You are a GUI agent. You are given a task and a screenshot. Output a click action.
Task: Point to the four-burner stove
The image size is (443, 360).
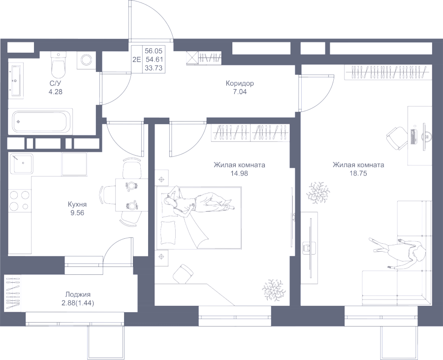19,200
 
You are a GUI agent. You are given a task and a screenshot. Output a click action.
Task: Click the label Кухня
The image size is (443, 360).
77,204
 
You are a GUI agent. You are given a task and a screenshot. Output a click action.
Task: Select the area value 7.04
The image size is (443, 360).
240,92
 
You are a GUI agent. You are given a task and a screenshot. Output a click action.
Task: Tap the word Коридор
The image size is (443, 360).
240,84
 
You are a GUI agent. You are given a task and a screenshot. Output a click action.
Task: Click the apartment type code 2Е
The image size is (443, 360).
137,59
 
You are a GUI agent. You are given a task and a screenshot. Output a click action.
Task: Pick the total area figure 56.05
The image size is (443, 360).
154,51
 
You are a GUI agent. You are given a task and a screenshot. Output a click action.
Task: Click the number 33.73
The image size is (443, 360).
154,68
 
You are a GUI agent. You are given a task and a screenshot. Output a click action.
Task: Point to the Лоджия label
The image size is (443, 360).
78,295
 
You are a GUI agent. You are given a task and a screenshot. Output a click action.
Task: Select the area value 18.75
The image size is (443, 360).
358,173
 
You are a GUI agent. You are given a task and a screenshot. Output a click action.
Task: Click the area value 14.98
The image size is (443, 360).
239,173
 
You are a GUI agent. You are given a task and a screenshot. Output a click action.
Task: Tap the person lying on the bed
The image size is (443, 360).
198,204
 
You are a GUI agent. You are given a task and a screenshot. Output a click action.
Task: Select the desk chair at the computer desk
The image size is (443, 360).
396,138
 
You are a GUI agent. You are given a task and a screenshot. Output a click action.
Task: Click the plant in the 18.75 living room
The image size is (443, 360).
318,193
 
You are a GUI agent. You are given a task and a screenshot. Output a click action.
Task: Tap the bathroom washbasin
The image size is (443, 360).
16,81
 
